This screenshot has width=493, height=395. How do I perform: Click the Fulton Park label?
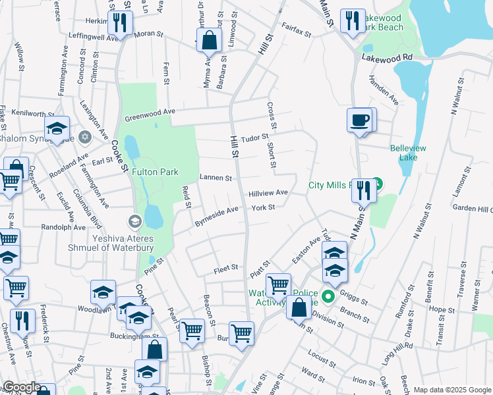pos(155,172)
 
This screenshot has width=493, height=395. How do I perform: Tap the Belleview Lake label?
pos(404,153)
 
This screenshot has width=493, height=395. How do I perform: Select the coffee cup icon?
pos(360,120)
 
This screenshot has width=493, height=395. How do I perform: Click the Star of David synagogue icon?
pos(84,137)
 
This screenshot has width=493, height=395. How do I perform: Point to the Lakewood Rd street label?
pos(386,58)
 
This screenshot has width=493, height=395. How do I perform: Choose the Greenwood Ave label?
pos(151,115)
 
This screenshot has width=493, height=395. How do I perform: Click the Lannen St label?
pos(216,178)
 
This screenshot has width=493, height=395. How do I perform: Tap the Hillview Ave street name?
pos(268,193)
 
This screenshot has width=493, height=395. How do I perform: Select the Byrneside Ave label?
pos(216,217)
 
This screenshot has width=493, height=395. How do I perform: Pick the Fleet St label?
pos(225,271)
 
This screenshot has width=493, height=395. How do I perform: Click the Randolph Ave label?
pos(63,227)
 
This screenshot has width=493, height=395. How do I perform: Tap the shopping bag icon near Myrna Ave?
pos(209,40)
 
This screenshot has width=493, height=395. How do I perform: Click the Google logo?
pos(22,387)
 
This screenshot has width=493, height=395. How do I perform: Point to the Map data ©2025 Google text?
pos(451,390)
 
